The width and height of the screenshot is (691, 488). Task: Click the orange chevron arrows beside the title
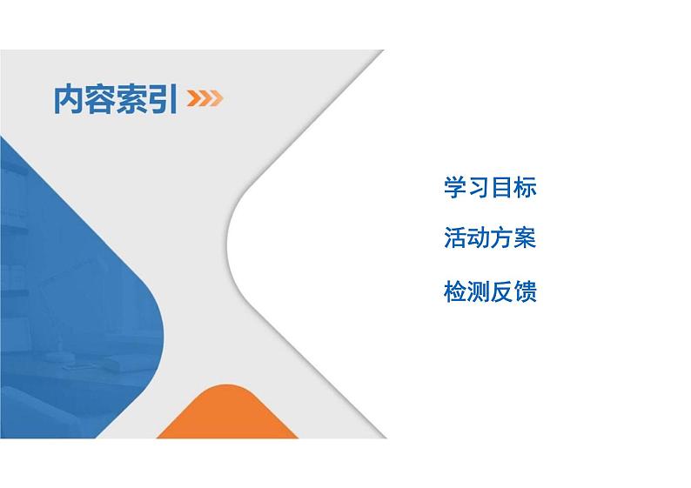[x=205, y=99]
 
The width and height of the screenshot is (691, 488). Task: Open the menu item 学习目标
[x=490, y=187]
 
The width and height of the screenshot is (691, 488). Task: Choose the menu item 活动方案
[x=490, y=238]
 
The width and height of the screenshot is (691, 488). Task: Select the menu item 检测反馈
[x=490, y=291]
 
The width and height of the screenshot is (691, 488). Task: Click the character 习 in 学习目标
[x=479, y=187]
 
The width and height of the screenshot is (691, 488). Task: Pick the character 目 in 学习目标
[x=502, y=187]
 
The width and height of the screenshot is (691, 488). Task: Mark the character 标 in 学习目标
[x=526, y=187]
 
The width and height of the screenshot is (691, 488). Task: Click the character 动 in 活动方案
[x=479, y=238]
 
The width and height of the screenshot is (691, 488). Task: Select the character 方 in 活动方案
[x=502, y=238]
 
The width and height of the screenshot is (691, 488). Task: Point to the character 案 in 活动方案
[x=526, y=238]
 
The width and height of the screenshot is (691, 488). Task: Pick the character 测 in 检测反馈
[x=479, y=291]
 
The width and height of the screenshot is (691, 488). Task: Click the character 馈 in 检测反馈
[x=526, y=291]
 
